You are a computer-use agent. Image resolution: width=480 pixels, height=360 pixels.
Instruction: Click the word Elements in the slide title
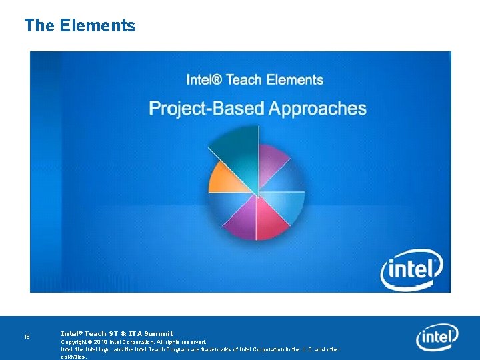tap(97, 26)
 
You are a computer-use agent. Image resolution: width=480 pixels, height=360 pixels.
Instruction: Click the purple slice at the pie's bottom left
tap(241, 217)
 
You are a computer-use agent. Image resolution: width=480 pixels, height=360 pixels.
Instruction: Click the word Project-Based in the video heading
tap(205, 109)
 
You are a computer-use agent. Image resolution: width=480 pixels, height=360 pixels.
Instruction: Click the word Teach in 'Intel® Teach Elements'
tap(243, 80)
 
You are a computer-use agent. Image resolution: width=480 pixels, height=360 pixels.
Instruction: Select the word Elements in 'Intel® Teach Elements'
tap(294, 80)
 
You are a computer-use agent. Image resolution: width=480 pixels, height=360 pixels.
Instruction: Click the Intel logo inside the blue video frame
tap(412, 270)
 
